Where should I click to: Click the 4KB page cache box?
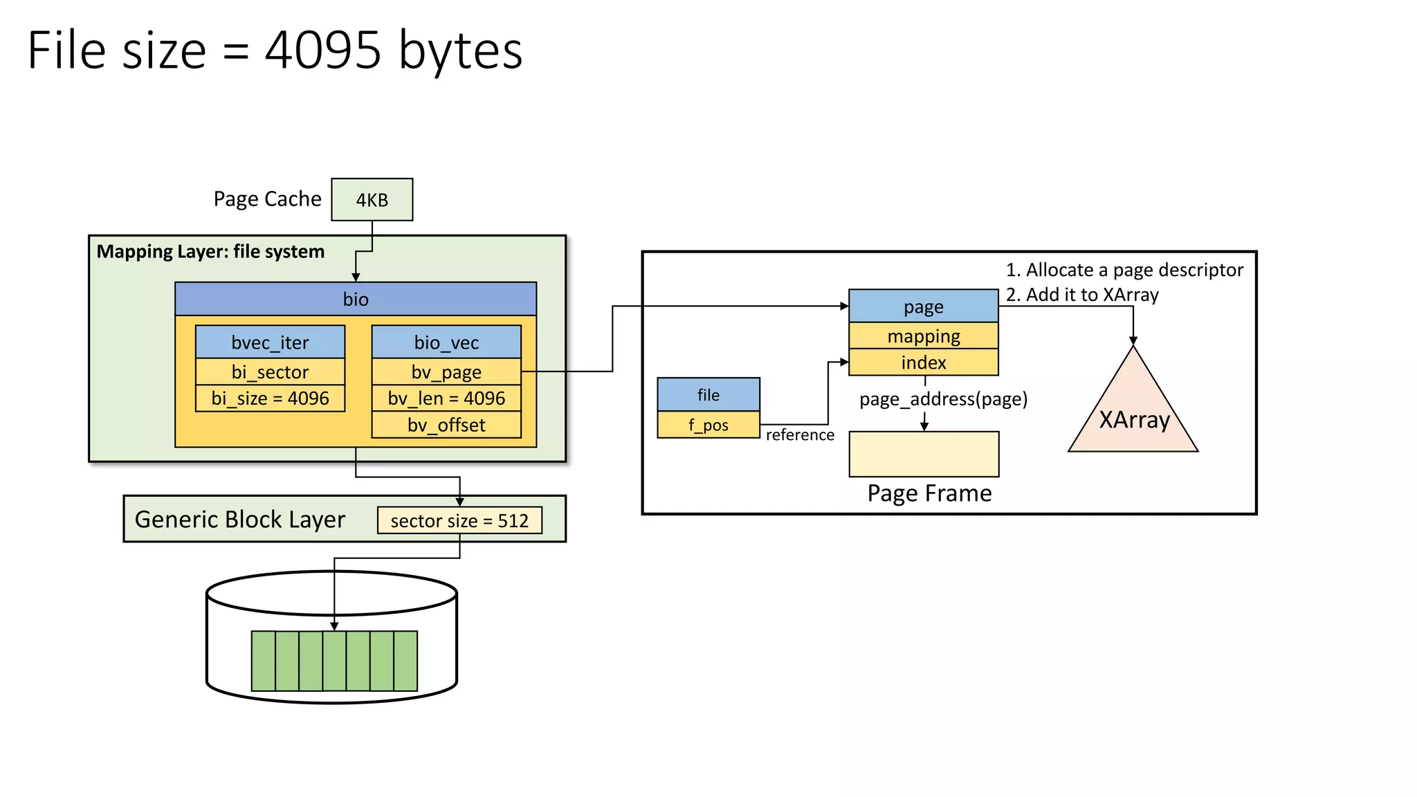[372, 200]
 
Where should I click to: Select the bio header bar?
[356, 299]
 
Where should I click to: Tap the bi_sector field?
[270, 372]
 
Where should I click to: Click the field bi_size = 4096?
[270, 398]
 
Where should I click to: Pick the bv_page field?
[446, 372]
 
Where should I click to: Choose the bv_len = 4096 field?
[446, 398]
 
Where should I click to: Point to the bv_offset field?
[446, 425]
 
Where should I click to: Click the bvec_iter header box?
[270, 342]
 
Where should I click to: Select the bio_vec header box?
[446, 342]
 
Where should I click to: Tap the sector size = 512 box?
[459, 520]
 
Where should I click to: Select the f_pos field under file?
[708, 425]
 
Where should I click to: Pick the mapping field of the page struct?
[924, 336]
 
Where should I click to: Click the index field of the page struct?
[924, 363]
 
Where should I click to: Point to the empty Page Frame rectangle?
[924, 454]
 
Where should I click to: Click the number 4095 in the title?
[322, 51]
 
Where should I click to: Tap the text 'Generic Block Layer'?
[239, 520]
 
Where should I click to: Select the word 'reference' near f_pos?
[800, 434]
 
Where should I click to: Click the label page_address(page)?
[943, 399]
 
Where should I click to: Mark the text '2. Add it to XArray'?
[1082, 295]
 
